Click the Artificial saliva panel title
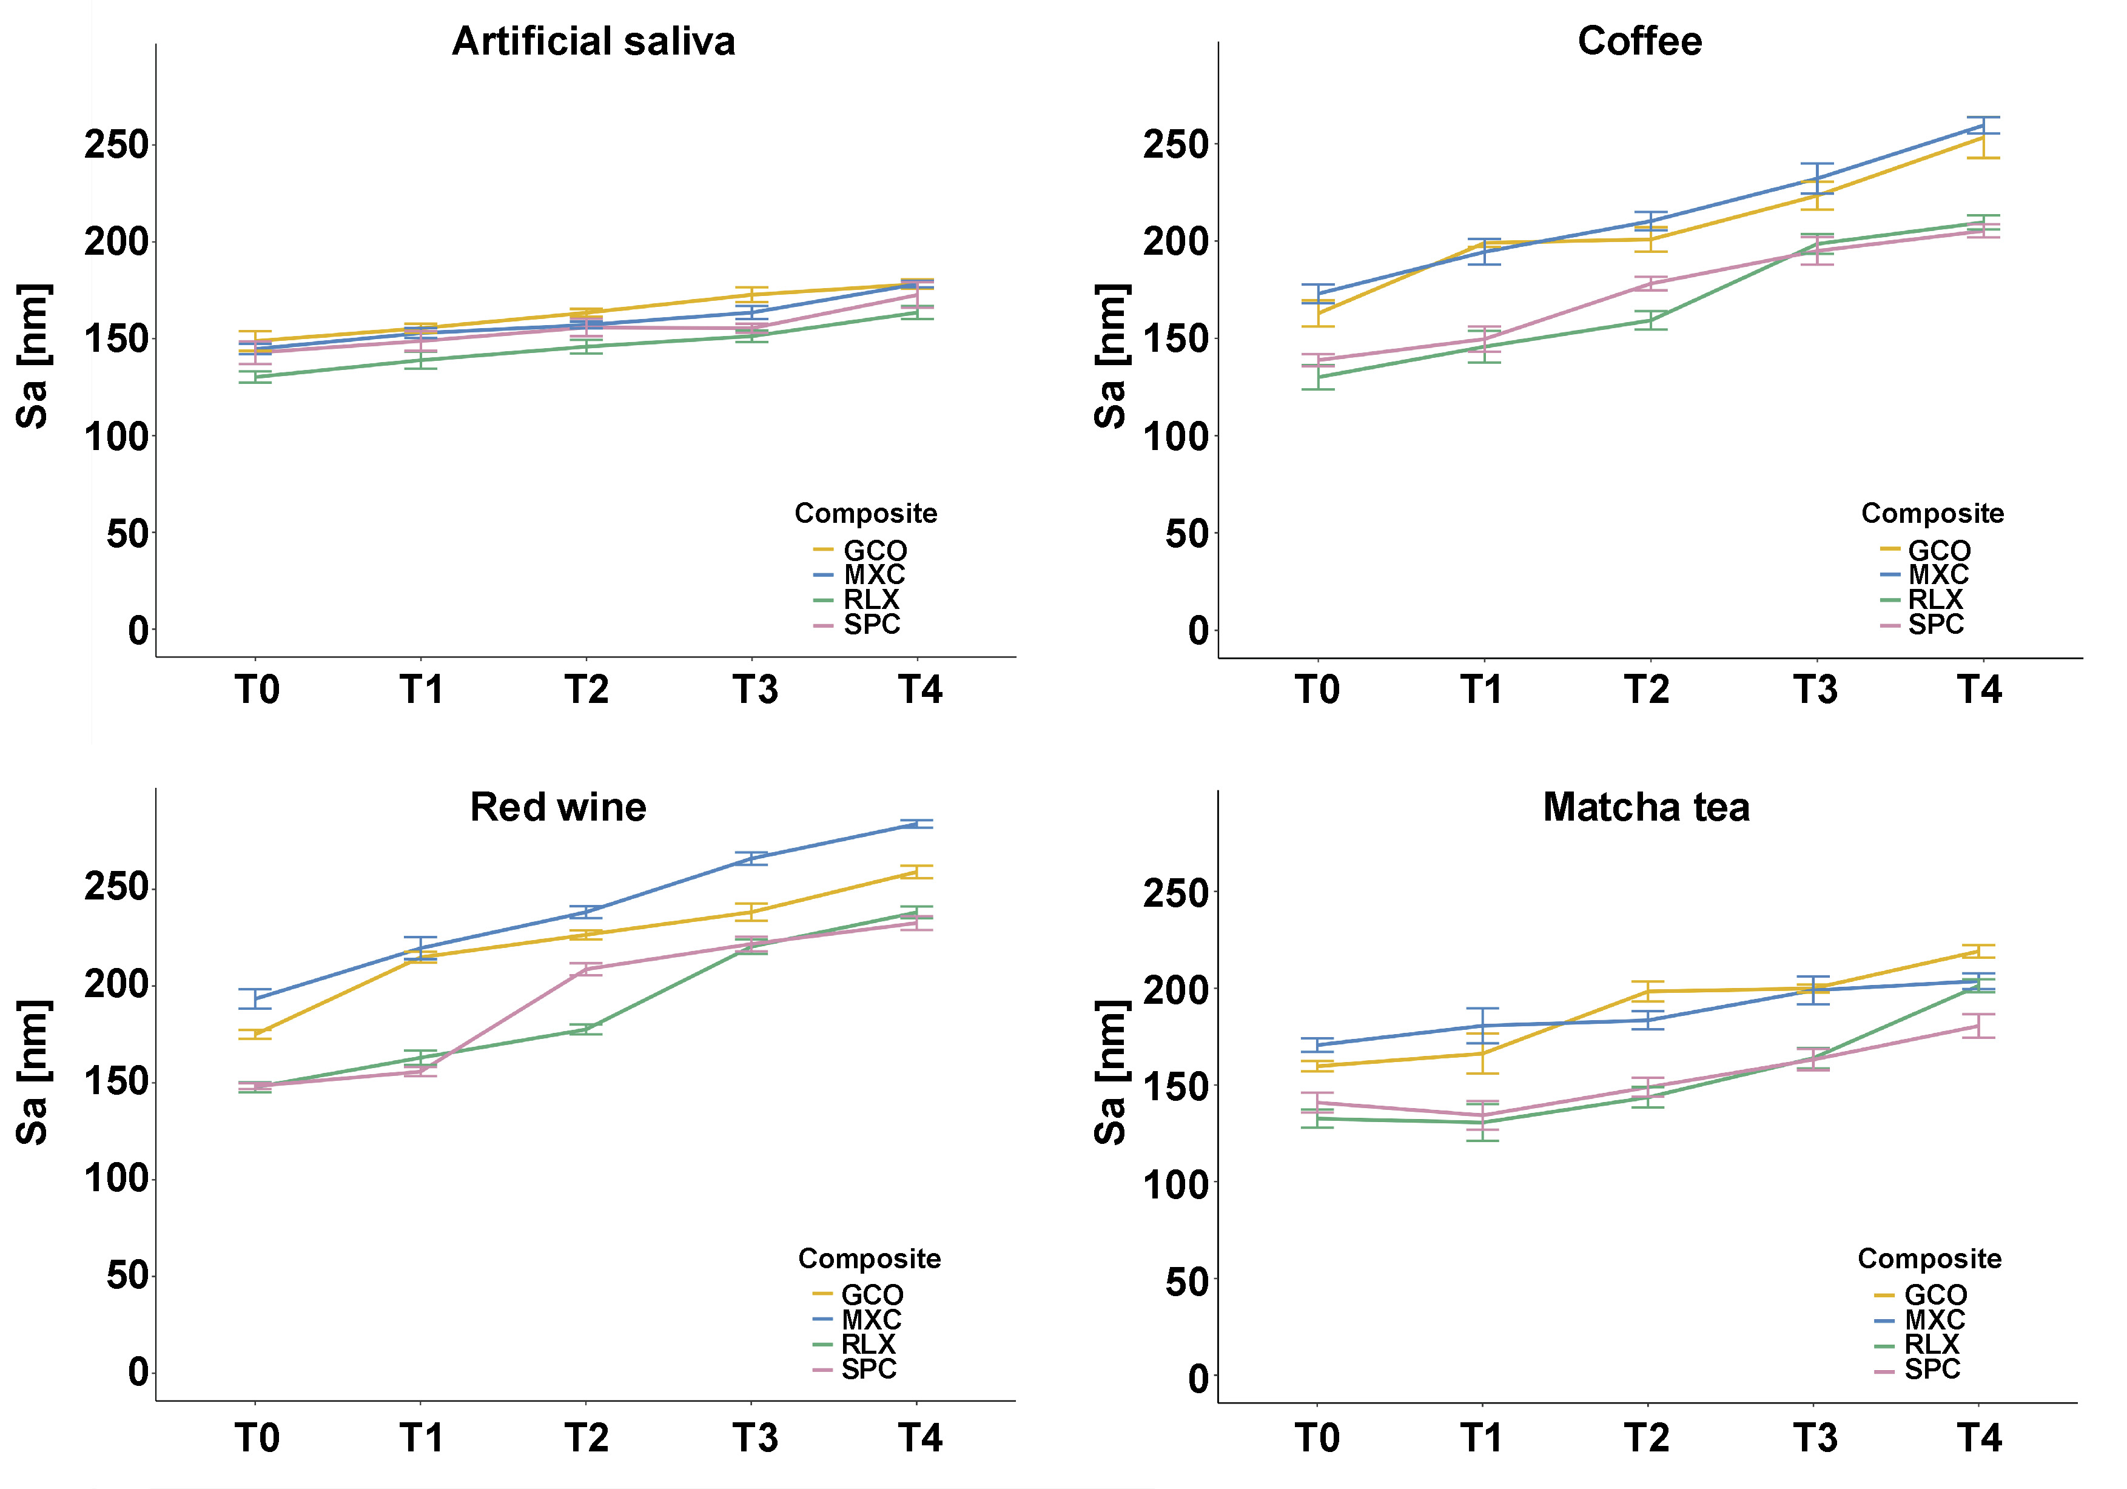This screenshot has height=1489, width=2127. (594, 42)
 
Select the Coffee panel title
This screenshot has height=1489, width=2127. (1640, 42)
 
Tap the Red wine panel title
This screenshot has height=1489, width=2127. (558, 807)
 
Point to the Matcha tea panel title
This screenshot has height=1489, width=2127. (1646, 807)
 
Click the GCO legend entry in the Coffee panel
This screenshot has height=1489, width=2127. (1938, 550)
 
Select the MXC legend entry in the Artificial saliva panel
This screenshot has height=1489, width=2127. (873, 574)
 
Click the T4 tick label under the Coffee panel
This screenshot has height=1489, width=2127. (1980, 690)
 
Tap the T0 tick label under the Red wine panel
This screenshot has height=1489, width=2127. (257, 1438)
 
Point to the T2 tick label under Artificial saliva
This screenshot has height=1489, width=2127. (586, 690)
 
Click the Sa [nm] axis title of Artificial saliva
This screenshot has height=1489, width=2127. (33, 357)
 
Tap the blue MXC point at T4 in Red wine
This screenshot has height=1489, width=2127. (916, 824)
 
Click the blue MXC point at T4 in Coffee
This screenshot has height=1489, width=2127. (1983, 125)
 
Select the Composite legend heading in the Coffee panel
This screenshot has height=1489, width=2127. (1932, 513)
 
